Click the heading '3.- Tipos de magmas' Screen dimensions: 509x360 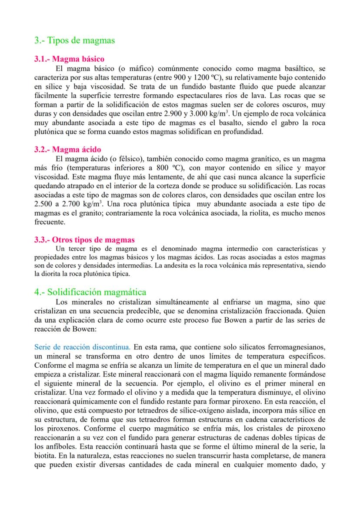coord(74,40)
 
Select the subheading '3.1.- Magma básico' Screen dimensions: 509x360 coord(69,59)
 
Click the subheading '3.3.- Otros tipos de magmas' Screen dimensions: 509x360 coord(84,240)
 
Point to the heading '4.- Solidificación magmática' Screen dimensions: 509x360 coord(90,292)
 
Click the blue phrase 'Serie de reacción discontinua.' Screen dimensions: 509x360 coord(82,347)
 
